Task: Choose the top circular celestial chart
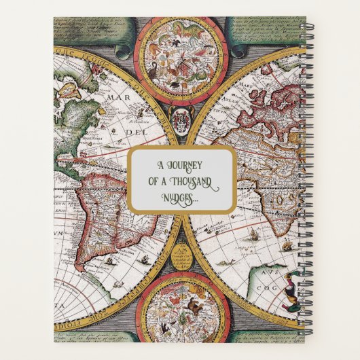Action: [x=179, y=60]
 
